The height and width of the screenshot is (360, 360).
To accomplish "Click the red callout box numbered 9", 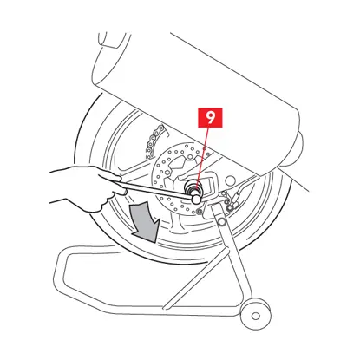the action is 210,117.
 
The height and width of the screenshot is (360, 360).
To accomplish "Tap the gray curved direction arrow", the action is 145,221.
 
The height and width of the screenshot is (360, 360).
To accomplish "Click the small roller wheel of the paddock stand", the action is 255,315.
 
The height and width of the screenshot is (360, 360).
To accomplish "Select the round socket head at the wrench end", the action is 196,199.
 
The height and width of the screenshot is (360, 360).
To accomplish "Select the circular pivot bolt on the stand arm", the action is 221,222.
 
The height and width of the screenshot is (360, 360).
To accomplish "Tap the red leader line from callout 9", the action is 202,155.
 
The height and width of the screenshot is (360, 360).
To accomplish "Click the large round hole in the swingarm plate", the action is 230,181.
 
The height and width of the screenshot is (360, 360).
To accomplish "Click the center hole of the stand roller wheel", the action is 255,316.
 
